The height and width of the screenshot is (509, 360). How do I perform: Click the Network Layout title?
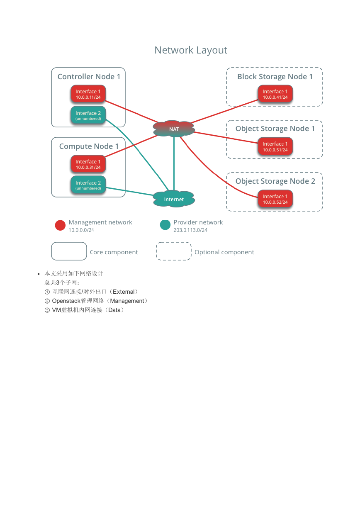pos(191,50)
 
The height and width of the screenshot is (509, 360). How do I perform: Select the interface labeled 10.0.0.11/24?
pos(88,94)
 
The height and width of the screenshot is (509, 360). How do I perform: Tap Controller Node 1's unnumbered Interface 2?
pos(88,115)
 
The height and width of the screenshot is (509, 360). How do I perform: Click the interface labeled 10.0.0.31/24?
pos(88,164)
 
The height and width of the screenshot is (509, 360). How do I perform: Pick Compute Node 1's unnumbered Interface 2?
pos(88,185)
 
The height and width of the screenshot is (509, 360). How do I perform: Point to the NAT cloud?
pos(174,129)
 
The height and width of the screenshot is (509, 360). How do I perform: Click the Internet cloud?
pos(174,199)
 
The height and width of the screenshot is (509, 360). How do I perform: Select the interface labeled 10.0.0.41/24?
pos(275,94)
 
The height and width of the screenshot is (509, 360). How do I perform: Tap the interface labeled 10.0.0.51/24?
pos(275,146)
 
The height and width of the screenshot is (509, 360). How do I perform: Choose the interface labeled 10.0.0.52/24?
pos(275,199)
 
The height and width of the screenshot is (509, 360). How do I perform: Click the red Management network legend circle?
pos(60,225)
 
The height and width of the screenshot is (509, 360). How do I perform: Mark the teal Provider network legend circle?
pos(165,225)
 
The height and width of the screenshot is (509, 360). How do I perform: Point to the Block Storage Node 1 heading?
pos(275,77)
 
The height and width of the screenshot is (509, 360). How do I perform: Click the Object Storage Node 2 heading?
pos(275,181)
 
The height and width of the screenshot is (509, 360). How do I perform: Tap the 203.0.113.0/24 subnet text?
pos(190,230)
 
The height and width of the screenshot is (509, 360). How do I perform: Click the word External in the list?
pos(124,292)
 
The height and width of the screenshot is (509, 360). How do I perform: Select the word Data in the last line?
pos(114,310)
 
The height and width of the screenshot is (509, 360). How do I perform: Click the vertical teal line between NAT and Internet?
pos(174,163)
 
